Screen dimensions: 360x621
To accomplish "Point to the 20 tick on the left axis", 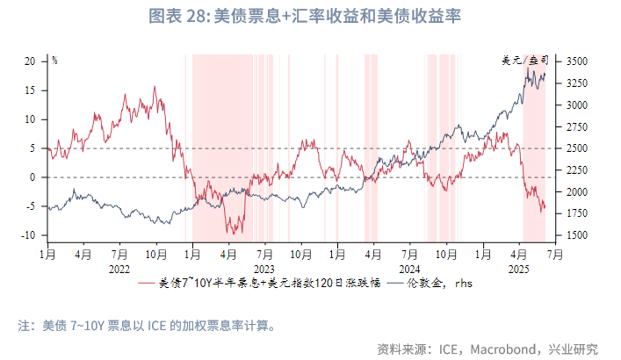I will [29, 61].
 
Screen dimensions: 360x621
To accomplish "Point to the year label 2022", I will [119, 268].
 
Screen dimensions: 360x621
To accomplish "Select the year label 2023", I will [264, 268].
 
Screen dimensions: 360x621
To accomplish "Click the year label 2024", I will [408, 268].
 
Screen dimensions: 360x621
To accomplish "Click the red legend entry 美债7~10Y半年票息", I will [259, 284].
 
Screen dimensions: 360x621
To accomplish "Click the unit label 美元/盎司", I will [524, 61].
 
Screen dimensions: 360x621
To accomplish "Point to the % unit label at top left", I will [54, 61].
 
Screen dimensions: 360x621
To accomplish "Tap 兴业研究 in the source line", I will [574, 349].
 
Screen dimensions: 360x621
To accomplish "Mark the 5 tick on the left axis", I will [32, 148].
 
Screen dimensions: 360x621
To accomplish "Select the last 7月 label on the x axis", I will [555, 255].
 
